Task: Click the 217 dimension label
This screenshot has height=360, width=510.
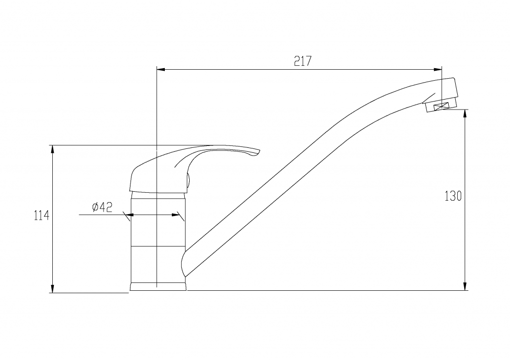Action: point(302,61)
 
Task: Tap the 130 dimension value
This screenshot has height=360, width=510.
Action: point(453,196)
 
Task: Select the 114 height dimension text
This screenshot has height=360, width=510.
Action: point(41,216)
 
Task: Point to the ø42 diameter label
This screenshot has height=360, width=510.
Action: point(102,207)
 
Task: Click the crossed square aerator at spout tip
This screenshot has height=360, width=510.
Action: point(442,107)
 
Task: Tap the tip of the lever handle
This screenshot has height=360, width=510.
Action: point(259,150)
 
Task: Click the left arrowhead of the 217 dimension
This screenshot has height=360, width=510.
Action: point(161,69)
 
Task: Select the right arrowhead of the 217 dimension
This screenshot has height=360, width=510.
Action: point(437,69)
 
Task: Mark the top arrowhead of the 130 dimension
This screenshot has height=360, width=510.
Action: point(466,114)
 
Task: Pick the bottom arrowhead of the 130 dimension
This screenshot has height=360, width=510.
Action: point(466,286)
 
